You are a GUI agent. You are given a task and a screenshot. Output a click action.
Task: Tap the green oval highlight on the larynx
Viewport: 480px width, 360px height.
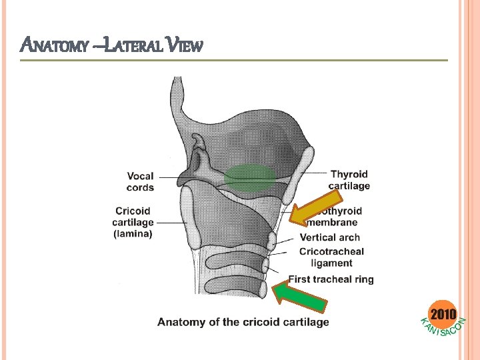click(249, 178)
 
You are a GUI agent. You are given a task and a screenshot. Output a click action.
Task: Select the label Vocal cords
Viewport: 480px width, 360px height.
click(140, 181)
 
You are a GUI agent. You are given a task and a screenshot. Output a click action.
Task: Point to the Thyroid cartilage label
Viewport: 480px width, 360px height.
click(349, 180)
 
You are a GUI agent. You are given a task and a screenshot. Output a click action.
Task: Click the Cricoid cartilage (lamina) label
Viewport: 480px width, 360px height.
click(133, 222)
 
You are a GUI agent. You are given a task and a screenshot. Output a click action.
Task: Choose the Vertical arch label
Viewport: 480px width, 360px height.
click(329, 237)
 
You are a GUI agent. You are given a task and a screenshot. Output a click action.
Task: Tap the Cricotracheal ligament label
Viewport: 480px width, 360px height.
click(331, 257)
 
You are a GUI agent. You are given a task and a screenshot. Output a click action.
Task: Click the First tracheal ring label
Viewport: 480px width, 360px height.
click(331, 279)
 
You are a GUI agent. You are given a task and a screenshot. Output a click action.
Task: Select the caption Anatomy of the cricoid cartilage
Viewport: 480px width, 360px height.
click(243, 322)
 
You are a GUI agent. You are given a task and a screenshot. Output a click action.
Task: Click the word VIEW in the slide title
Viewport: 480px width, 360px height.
click(185, 46)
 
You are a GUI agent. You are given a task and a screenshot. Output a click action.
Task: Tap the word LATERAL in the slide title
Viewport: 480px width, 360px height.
click(134, 46)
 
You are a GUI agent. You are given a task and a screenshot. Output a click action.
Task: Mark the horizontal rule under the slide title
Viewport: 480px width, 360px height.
click(233, 61)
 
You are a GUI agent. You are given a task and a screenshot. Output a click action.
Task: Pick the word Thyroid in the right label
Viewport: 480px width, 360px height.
click(349, 175)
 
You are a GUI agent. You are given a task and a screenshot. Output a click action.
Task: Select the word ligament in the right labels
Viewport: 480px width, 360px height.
click(331, 263)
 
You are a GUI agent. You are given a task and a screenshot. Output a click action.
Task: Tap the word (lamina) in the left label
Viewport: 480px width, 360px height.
click(133, 233)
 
